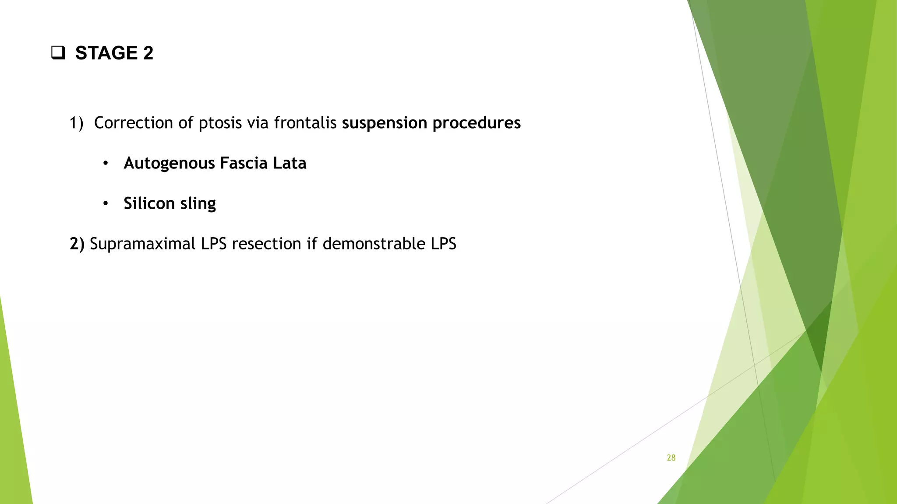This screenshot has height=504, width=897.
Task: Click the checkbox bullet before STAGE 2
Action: click(58, 53)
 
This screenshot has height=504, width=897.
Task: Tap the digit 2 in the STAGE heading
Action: click(148, 53)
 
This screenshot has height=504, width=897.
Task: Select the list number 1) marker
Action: click(76, 123)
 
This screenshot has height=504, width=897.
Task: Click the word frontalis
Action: click(305, 123)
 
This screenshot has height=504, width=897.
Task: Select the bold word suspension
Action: click(384, 123)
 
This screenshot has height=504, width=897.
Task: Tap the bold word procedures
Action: click(477, 123)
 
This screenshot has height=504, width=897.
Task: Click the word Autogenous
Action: click(169, 163)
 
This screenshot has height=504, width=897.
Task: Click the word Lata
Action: click(290, 163)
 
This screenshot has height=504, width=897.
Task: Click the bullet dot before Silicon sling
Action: click(105, 204)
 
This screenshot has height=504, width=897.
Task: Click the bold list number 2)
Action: click(77, 244)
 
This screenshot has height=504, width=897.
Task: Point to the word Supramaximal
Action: click(142, 244)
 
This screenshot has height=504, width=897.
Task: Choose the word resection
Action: click(266, 244)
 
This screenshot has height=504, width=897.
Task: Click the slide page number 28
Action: click(671, 458)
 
